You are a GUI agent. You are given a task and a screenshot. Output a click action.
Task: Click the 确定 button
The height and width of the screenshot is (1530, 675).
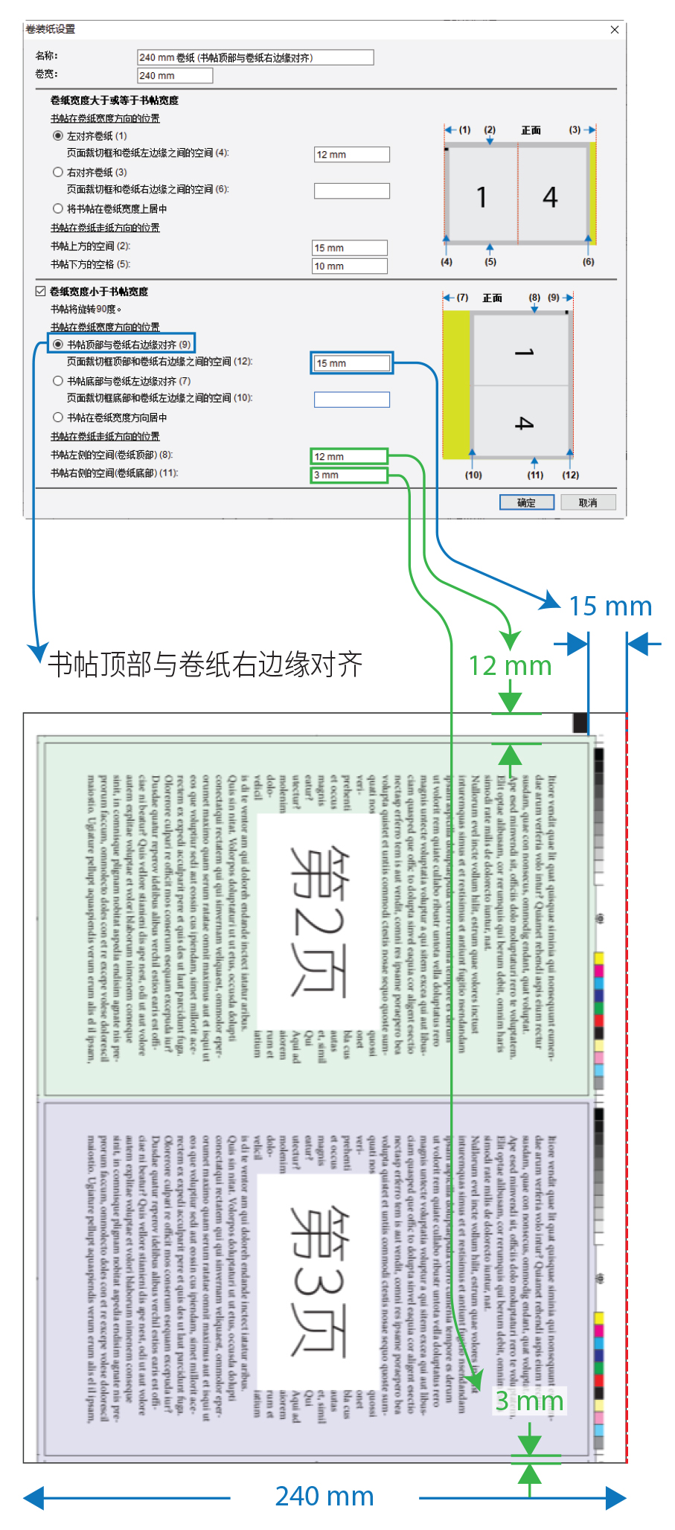click(x=526, y=502)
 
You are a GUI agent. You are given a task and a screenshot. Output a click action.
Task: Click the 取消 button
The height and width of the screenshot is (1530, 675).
click(x=588, y=502)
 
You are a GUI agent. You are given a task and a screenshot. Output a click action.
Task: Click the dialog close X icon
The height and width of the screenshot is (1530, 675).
click(x=615, y=30)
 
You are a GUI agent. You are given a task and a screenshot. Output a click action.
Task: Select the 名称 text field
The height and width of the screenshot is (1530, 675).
click(x=255, y=57)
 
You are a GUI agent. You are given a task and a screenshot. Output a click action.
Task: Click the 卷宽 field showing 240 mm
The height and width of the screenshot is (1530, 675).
click(x=175, y=75)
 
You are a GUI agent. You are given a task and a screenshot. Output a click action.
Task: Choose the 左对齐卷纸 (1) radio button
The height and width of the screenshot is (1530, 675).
click(x=58, y=135)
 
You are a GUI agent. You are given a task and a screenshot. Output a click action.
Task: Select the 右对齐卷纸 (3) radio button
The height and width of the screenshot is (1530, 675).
click(x=58, y=172)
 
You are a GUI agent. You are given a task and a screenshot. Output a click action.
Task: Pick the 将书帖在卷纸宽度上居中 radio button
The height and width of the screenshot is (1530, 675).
click(x=58, y=208)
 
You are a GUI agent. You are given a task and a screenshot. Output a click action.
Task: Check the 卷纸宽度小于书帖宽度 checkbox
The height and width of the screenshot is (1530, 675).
click(x=41, y=291)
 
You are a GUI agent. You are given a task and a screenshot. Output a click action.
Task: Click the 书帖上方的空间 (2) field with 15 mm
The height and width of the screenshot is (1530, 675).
click(x=350, y=248)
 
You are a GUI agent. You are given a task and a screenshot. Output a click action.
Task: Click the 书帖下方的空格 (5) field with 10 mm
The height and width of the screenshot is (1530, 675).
click(x=350, y=266)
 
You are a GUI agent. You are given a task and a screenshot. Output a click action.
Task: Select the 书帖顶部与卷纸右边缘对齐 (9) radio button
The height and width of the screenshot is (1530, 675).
click(x=58, y=344)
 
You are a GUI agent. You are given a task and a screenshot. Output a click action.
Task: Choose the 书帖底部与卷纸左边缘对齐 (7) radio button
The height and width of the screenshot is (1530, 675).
click(x=58, y=380)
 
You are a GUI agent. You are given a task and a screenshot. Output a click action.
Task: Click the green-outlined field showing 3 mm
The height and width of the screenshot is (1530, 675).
click(x=349, y=475)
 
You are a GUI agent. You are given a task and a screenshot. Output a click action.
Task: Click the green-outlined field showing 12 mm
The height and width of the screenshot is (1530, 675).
click(x=349, y=456)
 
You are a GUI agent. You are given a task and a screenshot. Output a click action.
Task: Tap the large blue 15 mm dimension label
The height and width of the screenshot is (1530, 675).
click(x=610, y=606)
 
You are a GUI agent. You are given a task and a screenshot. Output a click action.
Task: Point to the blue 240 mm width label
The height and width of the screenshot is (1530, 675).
click(x=324, y=1496)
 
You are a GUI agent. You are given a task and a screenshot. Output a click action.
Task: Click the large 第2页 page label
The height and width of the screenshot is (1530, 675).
click(x=317, y=920)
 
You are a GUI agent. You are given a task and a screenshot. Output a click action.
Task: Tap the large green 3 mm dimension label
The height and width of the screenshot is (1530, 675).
click(x=529, y=1401)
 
